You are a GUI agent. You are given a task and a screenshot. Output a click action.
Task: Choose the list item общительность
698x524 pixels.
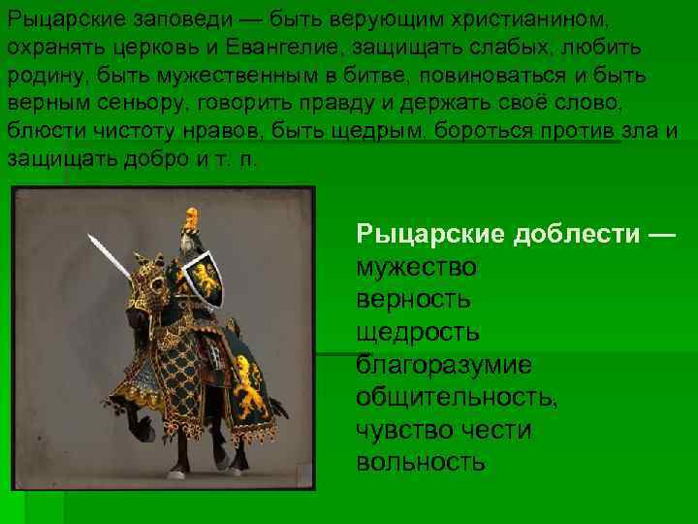457,398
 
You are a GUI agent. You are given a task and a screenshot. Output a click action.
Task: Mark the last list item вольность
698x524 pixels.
421,462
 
